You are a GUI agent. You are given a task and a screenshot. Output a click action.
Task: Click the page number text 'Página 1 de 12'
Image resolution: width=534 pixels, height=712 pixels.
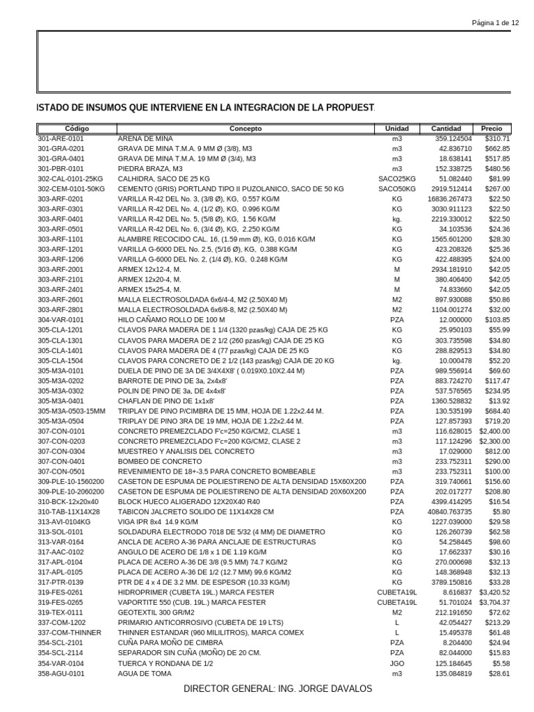pos(495,22)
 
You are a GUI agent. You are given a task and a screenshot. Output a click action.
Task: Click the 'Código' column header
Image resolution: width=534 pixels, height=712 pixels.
pos(76,129)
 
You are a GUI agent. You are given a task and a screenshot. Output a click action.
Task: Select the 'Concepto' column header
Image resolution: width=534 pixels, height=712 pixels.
pos(245,129)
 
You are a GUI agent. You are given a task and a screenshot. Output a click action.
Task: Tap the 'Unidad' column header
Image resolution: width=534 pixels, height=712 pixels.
pos(397,129)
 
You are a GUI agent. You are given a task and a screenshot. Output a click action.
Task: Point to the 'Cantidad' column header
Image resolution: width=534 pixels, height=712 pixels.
pos(446,129)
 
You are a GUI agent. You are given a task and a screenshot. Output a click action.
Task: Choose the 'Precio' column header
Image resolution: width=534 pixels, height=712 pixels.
pos(492,129)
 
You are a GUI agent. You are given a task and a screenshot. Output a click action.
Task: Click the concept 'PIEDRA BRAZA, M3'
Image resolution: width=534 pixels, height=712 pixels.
pos(150,168)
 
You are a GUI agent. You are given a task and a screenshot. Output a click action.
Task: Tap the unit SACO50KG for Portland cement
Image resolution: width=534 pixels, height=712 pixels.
pos(397,188)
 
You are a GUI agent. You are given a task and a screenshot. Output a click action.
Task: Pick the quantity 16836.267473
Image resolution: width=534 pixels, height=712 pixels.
pos(445,199)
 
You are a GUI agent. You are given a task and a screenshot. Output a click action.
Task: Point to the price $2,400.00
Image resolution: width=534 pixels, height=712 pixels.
pos(494,431)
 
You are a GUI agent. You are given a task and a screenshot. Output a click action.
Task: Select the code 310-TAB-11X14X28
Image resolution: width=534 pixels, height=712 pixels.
pos(68,511)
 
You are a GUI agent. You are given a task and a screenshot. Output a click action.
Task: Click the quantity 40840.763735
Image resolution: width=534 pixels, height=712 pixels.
pos(445,511)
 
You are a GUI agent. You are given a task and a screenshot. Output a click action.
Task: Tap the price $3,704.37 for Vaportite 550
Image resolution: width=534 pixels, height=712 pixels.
pos(494,602)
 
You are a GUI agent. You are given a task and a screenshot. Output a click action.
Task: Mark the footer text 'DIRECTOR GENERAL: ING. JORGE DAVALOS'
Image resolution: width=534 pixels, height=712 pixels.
pos(277,688)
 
